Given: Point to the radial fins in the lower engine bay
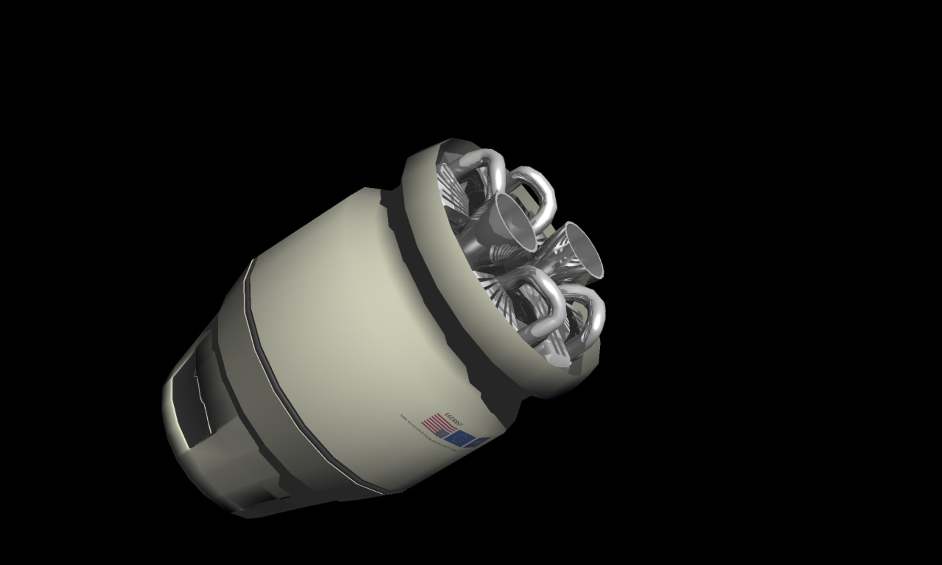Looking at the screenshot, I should click(x=502, y=298).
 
